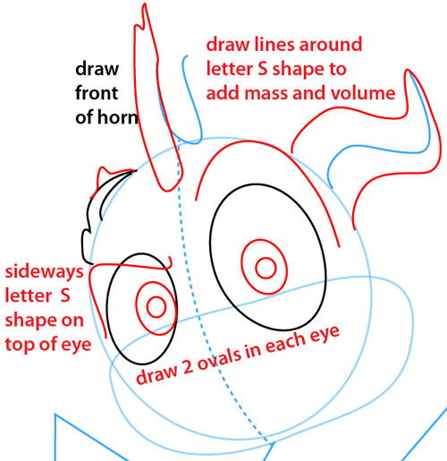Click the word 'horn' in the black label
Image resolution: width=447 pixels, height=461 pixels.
(118, 117)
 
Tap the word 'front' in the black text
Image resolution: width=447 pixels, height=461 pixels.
(97, 93)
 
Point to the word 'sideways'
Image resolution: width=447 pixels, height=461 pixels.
(44, 273)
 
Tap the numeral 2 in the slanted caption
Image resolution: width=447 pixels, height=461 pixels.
(188, 368)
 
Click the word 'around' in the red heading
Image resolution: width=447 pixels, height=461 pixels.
(331, 45)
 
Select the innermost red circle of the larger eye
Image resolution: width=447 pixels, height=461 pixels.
(266, 268)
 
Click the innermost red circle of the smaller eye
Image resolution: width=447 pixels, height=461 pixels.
(156, 307)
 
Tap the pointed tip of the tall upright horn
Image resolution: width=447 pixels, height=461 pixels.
(145, 4)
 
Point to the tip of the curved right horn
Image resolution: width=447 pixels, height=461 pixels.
(408, 71)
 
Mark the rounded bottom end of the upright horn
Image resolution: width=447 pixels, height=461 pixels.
(167, 190)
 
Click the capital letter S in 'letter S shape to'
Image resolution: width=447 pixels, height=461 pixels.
(263, 69)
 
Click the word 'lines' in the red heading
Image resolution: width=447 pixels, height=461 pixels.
(274, 45)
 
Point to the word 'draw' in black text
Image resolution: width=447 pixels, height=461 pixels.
(97, 69)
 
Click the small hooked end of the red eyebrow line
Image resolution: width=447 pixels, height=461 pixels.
(170, 262)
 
